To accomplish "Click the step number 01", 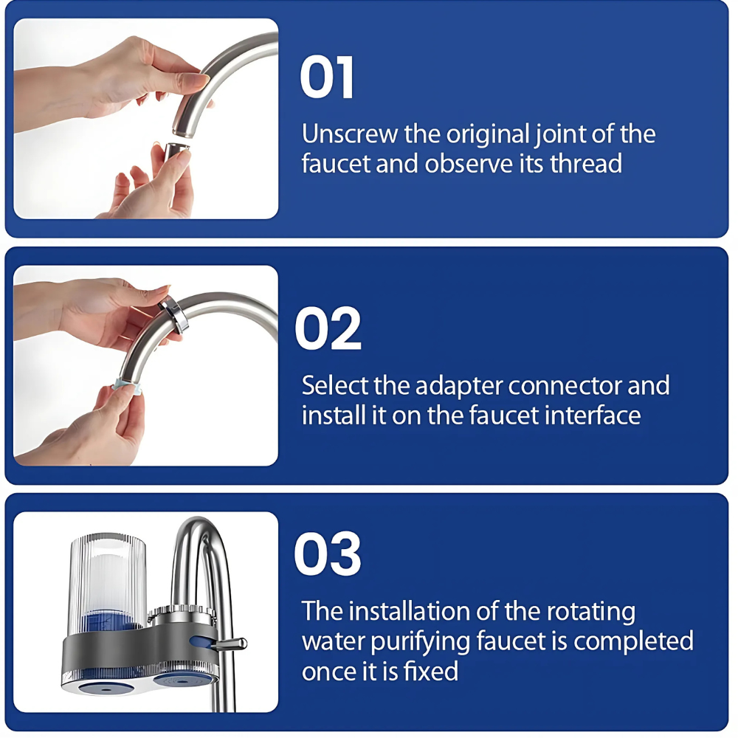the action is coord(327,77).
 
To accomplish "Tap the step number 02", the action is coord(328,328).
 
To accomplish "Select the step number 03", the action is coord(328,553).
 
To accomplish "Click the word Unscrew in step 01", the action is coord(350,134).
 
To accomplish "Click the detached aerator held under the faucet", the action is coord(176,151).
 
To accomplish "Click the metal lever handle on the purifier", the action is coord(230,644).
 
